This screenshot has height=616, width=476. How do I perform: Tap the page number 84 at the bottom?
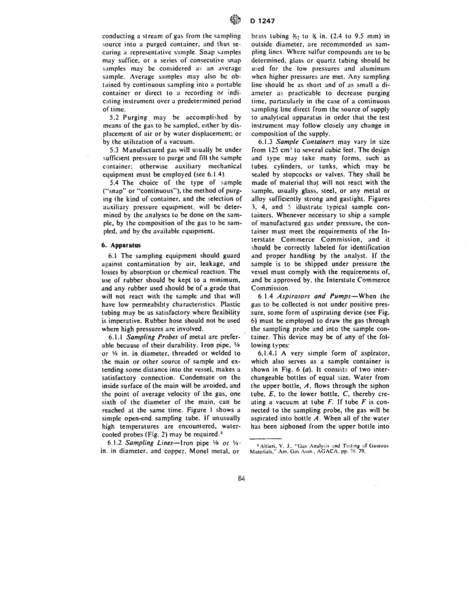pyautogui.click(x=240, y=478)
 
